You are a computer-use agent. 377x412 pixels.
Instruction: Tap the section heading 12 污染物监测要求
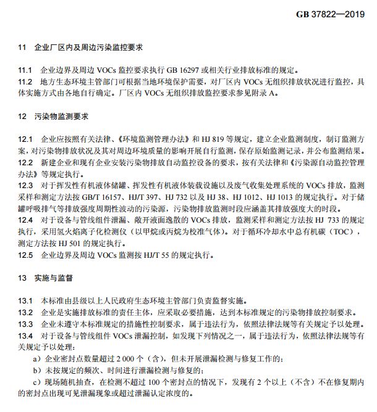(x=54, y=116)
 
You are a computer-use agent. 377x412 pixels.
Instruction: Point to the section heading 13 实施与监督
(x=49, y=278)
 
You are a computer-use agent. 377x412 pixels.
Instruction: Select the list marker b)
(x=36, y=370)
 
